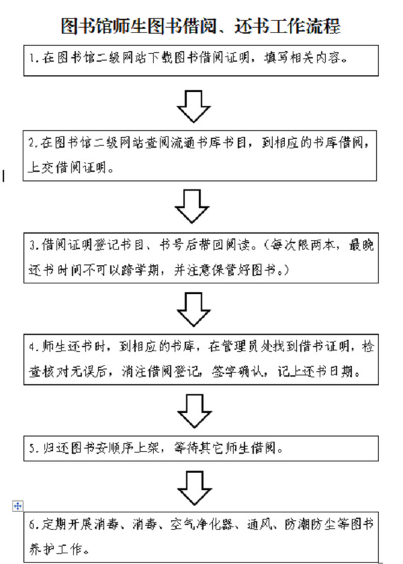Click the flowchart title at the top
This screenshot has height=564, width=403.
(200, 26)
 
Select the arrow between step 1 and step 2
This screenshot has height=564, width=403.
(194, 106)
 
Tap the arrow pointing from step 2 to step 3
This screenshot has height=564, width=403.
(192, 206)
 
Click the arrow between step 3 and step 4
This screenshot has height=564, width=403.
(194, 310)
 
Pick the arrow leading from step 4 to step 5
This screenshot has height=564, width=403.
(194, 411)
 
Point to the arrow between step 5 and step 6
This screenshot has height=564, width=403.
(194, 488)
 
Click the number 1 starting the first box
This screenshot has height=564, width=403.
(33, 58)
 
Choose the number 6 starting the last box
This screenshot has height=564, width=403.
(33, 524)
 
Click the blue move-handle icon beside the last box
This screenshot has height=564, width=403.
(18, 506)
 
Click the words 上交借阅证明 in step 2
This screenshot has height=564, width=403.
(67, 168)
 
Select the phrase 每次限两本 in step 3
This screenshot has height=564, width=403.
(303, 245)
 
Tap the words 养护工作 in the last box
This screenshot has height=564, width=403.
(55, 549)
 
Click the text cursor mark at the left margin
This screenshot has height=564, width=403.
(4, 176)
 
